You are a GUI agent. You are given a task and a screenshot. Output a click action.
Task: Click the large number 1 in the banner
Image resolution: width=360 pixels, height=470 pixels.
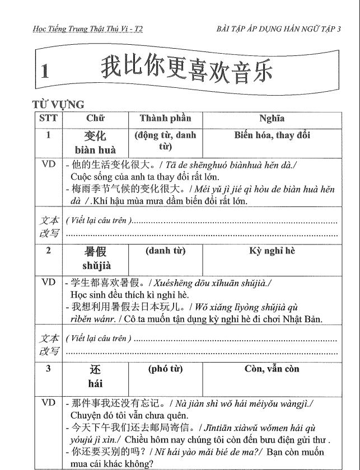45,70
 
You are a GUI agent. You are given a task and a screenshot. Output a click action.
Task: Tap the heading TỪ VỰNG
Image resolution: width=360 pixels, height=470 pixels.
59,105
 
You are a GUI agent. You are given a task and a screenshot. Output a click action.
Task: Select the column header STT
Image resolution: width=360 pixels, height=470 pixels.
48,118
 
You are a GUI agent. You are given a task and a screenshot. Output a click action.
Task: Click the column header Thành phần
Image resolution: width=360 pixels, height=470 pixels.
165,118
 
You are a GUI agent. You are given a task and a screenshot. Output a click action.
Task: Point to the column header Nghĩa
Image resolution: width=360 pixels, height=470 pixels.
272,118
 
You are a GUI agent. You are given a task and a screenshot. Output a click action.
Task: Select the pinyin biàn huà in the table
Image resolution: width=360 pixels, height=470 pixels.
95,150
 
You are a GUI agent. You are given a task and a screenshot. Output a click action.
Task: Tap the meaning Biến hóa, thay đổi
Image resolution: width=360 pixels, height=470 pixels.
272,135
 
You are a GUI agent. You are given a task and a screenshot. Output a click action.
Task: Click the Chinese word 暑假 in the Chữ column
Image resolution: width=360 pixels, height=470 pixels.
95,252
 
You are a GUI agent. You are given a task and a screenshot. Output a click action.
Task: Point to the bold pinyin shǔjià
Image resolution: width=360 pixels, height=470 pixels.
95,266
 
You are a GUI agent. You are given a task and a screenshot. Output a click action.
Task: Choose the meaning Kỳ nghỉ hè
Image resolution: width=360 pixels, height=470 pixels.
272,251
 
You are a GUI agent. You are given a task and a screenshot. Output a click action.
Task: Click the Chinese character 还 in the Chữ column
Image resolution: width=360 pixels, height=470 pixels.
95,370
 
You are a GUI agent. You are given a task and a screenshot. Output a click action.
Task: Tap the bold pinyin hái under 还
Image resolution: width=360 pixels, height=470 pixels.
95,384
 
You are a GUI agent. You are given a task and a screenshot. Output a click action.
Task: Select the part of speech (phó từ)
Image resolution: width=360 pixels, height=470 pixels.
165,369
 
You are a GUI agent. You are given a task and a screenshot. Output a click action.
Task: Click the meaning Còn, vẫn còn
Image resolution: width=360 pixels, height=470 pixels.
272,369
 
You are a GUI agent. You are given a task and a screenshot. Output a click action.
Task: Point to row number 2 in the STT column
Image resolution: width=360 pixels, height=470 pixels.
48,251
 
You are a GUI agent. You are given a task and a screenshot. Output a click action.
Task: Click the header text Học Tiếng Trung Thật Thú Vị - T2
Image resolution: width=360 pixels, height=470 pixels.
87,29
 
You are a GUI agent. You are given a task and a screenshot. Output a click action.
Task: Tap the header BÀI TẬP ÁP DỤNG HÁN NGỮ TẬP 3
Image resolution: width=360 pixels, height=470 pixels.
278,29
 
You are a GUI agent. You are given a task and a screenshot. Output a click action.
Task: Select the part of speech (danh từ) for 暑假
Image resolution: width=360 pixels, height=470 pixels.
165,251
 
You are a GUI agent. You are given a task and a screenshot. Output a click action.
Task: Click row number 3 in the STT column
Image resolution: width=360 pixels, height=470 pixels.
48,369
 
